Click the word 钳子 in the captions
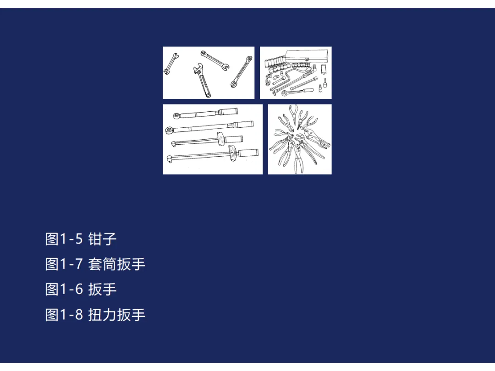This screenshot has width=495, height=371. (x=102, y=239)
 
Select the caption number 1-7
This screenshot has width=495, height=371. (x=71, y=264)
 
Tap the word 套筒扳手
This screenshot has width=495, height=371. (x=116, y=264)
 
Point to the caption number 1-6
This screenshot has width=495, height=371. (x=71, y=289)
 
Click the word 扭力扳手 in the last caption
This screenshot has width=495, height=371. (x=116, y=315)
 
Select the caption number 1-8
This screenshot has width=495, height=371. (x=71, y=315)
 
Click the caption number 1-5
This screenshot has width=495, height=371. (x=71, y=239)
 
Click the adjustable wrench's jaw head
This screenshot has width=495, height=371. (x=198, y=70)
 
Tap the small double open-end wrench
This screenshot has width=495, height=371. (x=171, y=64)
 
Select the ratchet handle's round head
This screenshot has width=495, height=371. (x=285, y=93)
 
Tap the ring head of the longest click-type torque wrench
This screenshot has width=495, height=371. (x=169, y=129)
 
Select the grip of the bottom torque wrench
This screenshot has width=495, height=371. (x=248, y=153)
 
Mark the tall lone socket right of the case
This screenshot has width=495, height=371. (x=324, y=68)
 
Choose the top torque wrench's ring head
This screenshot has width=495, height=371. (x=177, y=115)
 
